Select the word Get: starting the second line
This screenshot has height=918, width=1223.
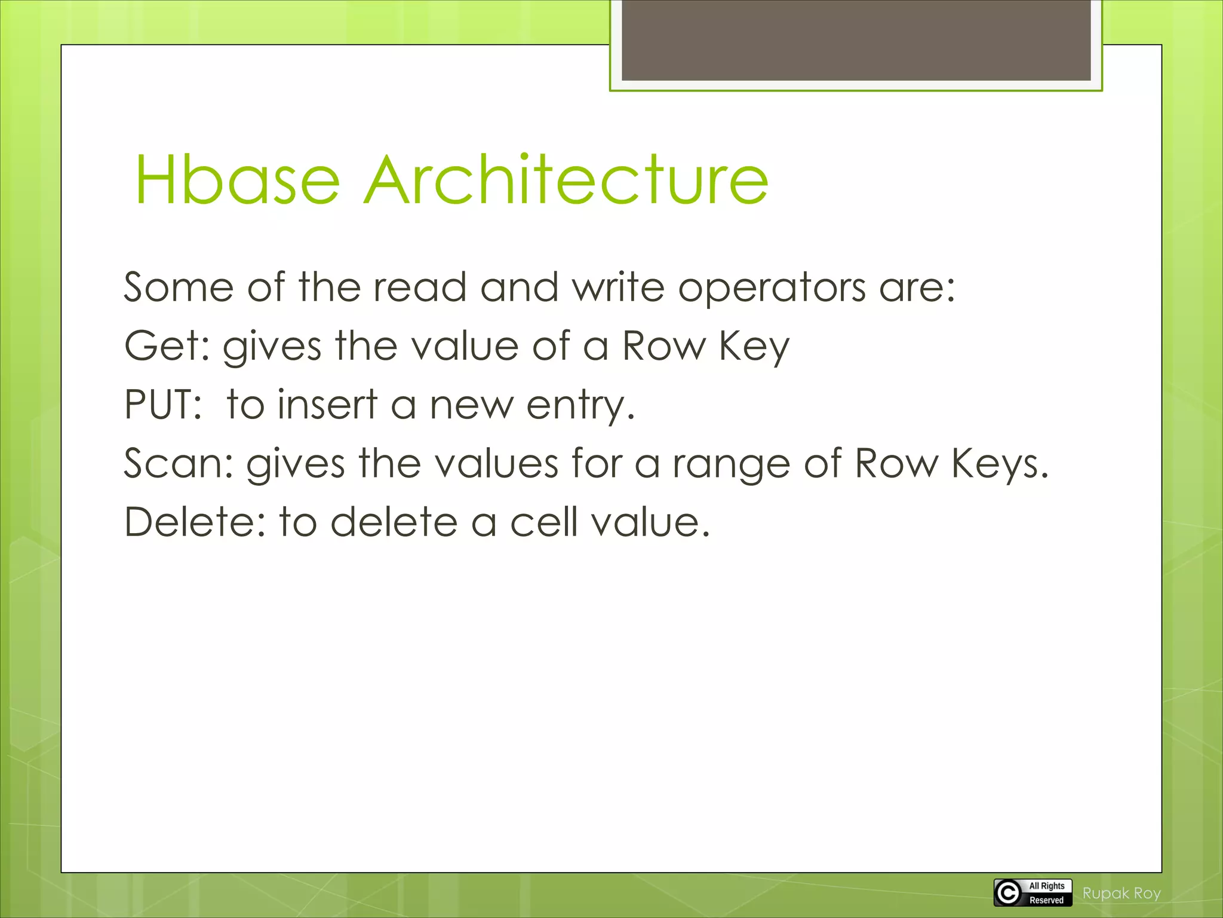(167, 347)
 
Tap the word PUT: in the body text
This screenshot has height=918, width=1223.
(163, 405)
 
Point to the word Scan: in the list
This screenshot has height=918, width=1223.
(178, 463)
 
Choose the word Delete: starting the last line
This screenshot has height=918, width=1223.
(195, 522)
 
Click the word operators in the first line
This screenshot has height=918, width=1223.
(772, 288)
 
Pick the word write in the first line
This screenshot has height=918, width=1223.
(618, 287)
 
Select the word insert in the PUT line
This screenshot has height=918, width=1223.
(327, 405)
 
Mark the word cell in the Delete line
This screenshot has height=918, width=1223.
(543, 522)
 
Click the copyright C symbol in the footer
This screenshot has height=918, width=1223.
(1008, 893)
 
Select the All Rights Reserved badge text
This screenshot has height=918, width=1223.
(1046, 893)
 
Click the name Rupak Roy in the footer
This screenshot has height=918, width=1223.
(1121, 893)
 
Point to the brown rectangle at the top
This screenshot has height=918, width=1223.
(856, 40)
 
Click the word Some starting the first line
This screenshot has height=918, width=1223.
(178, 287)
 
